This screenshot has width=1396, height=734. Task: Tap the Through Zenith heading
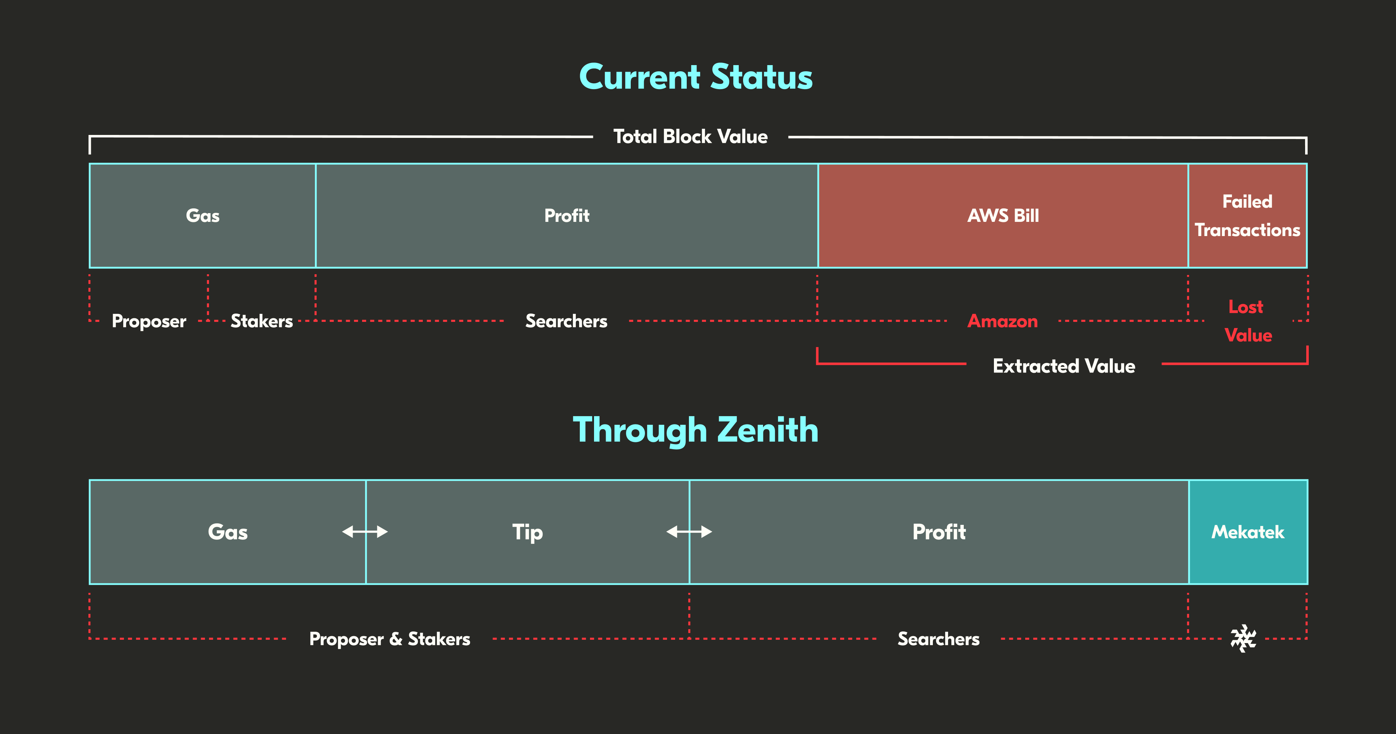(696, 430)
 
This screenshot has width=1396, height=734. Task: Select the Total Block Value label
(690, 137)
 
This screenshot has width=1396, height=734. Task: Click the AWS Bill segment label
(1003, 216)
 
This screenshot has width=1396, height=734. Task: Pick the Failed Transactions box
(1248, 216)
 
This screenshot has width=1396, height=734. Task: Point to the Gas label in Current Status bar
(203, 216)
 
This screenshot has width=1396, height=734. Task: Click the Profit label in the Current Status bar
(567, 216)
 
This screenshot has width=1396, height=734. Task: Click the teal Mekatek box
(1248, 532)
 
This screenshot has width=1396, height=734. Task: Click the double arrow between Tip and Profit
(689, 532)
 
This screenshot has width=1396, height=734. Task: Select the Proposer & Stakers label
(390, 639)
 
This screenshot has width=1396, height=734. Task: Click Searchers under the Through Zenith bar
(939, 639)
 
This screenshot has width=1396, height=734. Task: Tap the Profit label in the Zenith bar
(939, 532)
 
